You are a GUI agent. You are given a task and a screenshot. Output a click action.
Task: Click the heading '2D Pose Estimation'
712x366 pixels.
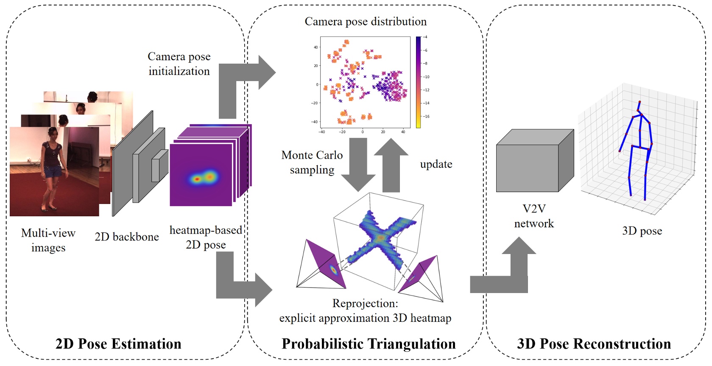point(118,344)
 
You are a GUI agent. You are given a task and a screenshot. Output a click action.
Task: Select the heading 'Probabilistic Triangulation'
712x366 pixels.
point(369,344)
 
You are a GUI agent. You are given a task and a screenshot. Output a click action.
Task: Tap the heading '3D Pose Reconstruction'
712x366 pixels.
point(594,344)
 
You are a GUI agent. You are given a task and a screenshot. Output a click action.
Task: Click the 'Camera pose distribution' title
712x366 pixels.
point(366,22)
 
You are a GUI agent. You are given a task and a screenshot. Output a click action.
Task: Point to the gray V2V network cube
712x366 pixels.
point(528,168)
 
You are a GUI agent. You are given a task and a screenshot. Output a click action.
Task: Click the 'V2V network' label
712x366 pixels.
point(534,216)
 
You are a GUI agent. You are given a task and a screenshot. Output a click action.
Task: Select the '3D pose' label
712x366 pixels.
point(642,231)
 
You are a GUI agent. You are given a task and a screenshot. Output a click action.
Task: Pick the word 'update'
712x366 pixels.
point(436,164)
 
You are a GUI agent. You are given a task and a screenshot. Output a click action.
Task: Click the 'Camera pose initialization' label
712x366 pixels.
point(179,64)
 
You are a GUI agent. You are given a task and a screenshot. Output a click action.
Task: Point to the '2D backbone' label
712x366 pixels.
point(127,237)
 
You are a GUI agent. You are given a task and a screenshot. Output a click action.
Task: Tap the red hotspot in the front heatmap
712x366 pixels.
point(196,179)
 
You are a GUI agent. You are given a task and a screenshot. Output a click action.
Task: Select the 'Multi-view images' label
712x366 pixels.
point(48,240)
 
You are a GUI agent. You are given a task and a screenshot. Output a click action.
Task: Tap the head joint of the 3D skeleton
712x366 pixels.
point(639,102)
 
